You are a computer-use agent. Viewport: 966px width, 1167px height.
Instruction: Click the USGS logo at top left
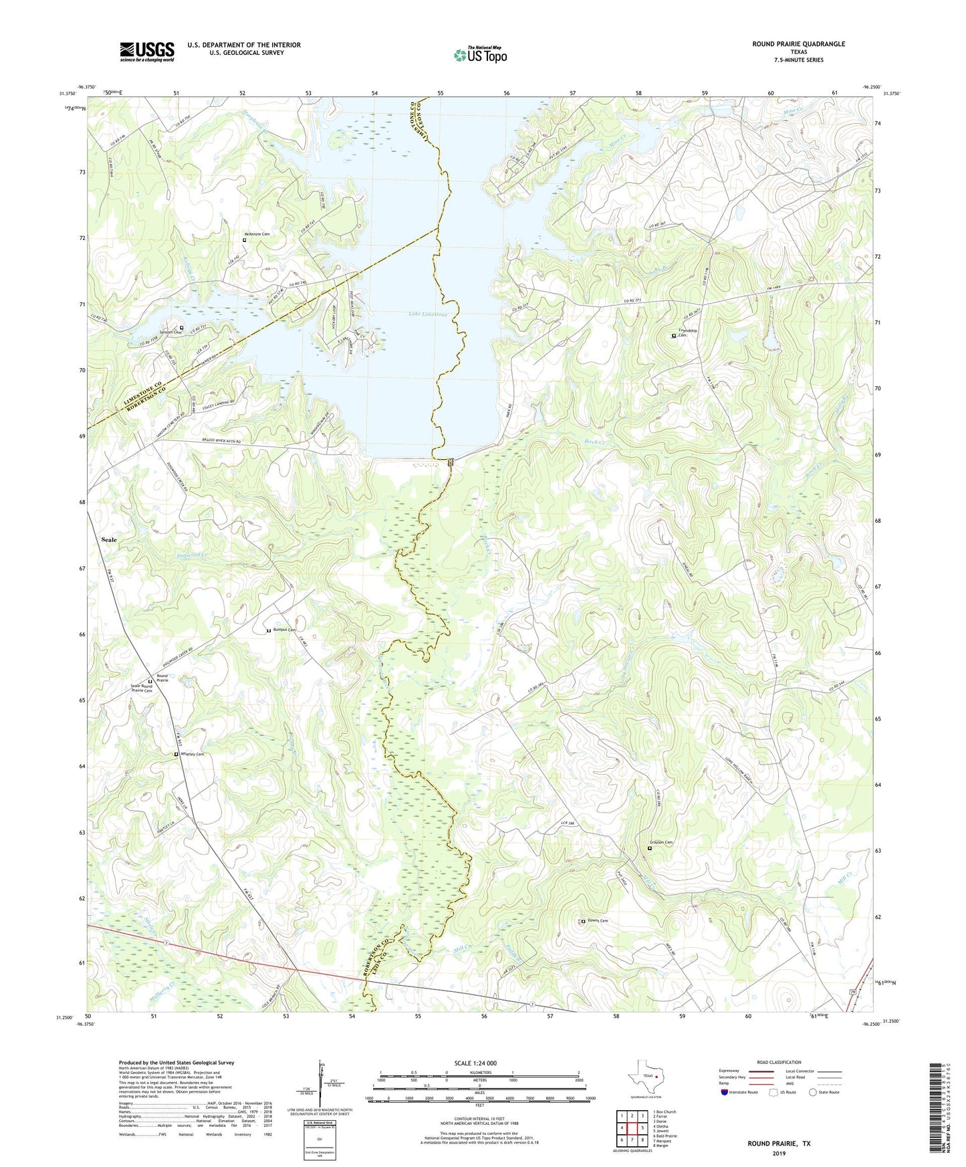pyautogui.click(x=147, y=51)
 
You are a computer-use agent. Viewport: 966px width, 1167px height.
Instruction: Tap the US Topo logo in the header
pyautogui.click(x=479, y=54)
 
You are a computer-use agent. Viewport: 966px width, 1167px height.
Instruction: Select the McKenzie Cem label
pyautogui.click(x=261, y=235)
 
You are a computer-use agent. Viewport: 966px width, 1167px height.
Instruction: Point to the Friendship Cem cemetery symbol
pyautogui.click(x=673, y=336)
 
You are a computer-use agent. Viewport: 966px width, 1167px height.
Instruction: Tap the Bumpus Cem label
pyautogui.click(x=284, y=630)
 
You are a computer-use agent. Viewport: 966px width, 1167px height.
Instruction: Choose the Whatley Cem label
pyautogui.click(x=192, y=754)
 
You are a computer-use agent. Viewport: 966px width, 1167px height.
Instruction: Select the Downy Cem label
pyautogui.click(x=598, y=920)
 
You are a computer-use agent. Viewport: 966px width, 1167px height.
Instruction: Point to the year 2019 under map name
pyautogui.click(x=778, y=1153)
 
